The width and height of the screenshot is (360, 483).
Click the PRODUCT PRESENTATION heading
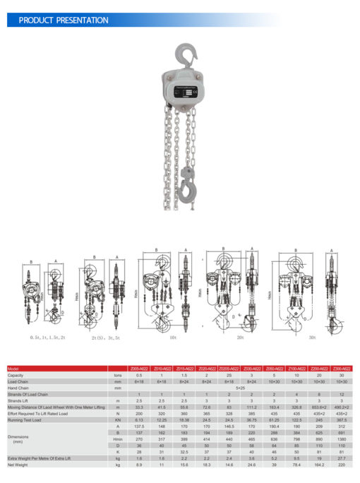pyautogui.click(x=64, y=20)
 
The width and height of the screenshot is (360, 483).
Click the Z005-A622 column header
pyautogui.click(x=140, y=369)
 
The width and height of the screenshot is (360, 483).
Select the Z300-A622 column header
pyautogui.click(x=342, y=369)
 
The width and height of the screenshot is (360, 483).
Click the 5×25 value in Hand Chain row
pyautogui.click(x=241, y=388)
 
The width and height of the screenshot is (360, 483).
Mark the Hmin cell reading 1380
pyautogui.click(x=342, y=439)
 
